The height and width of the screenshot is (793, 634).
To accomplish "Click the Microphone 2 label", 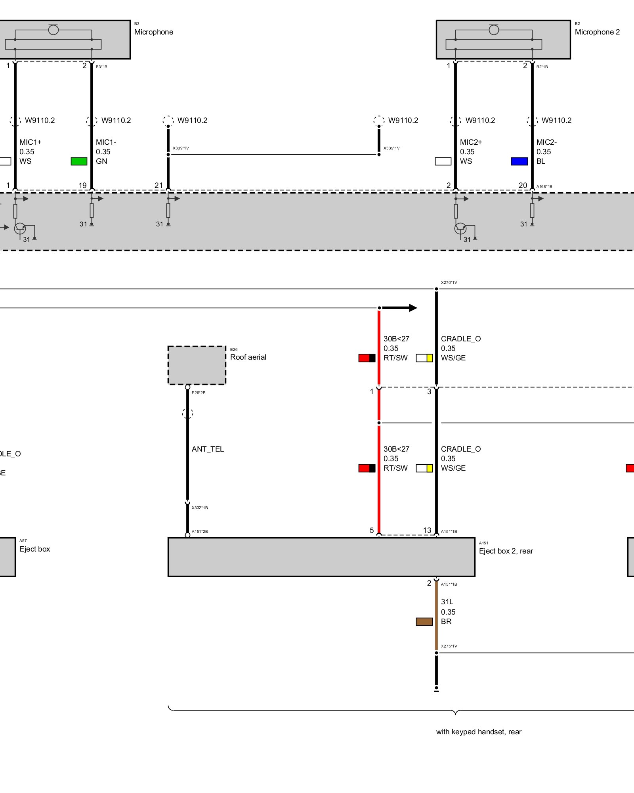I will (597, 32).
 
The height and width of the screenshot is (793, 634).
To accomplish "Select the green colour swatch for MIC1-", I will (79, 161).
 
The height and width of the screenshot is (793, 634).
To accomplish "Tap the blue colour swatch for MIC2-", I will (519, 161).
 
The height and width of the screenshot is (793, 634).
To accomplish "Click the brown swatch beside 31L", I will (424, 622).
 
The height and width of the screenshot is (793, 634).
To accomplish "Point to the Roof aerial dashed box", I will (197, 365).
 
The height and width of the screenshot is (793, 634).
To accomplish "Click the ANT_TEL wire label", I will (208, 449).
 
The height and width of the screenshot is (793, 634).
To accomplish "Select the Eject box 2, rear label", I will (506, 551).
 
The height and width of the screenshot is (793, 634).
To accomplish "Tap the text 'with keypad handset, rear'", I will (479, 732).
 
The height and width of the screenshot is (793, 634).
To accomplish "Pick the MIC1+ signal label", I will (30, 142).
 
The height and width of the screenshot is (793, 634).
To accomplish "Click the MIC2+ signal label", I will (471, 142).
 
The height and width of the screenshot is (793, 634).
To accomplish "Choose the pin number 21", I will (158, 185).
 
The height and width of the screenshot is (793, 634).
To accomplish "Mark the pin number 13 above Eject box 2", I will (427, 530).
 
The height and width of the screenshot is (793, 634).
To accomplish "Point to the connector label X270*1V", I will (449, 283).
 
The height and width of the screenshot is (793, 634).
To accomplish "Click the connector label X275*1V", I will (449, 646).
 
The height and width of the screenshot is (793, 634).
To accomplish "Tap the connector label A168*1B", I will (544, 187).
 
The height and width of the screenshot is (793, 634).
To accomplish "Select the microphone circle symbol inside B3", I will (53, 30).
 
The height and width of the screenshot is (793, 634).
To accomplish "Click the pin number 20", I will (523, 185).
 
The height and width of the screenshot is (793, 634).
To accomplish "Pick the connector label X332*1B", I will (200, 508).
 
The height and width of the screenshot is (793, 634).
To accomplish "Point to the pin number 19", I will (82, 185).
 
